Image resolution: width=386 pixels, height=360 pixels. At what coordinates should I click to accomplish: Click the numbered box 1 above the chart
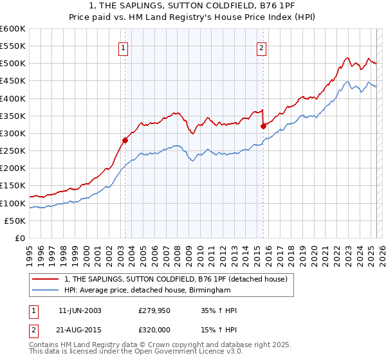122,46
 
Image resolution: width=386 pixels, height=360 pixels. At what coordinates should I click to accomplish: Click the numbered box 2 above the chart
262,46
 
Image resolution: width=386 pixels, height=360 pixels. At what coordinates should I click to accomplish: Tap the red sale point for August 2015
263,126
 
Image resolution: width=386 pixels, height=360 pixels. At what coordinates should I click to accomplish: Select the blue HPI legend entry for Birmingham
147,290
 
